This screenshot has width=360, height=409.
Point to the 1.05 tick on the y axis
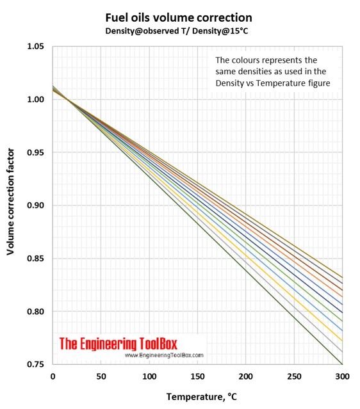[x=35, y=47]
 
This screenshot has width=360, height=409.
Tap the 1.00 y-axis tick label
[x=35, y=100]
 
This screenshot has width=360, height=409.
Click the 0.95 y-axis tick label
[x=35, y=153]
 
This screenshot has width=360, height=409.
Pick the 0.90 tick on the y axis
[x=35, y=205]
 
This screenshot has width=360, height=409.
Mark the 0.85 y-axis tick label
[x=35, y=259]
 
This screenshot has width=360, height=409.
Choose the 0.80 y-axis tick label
[x=35, y=312]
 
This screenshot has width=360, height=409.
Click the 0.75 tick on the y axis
[x=35, y=365]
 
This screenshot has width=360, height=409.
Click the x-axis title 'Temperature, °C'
[x=201, y=397]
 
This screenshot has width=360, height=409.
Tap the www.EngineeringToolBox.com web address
[x=163, y=355]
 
